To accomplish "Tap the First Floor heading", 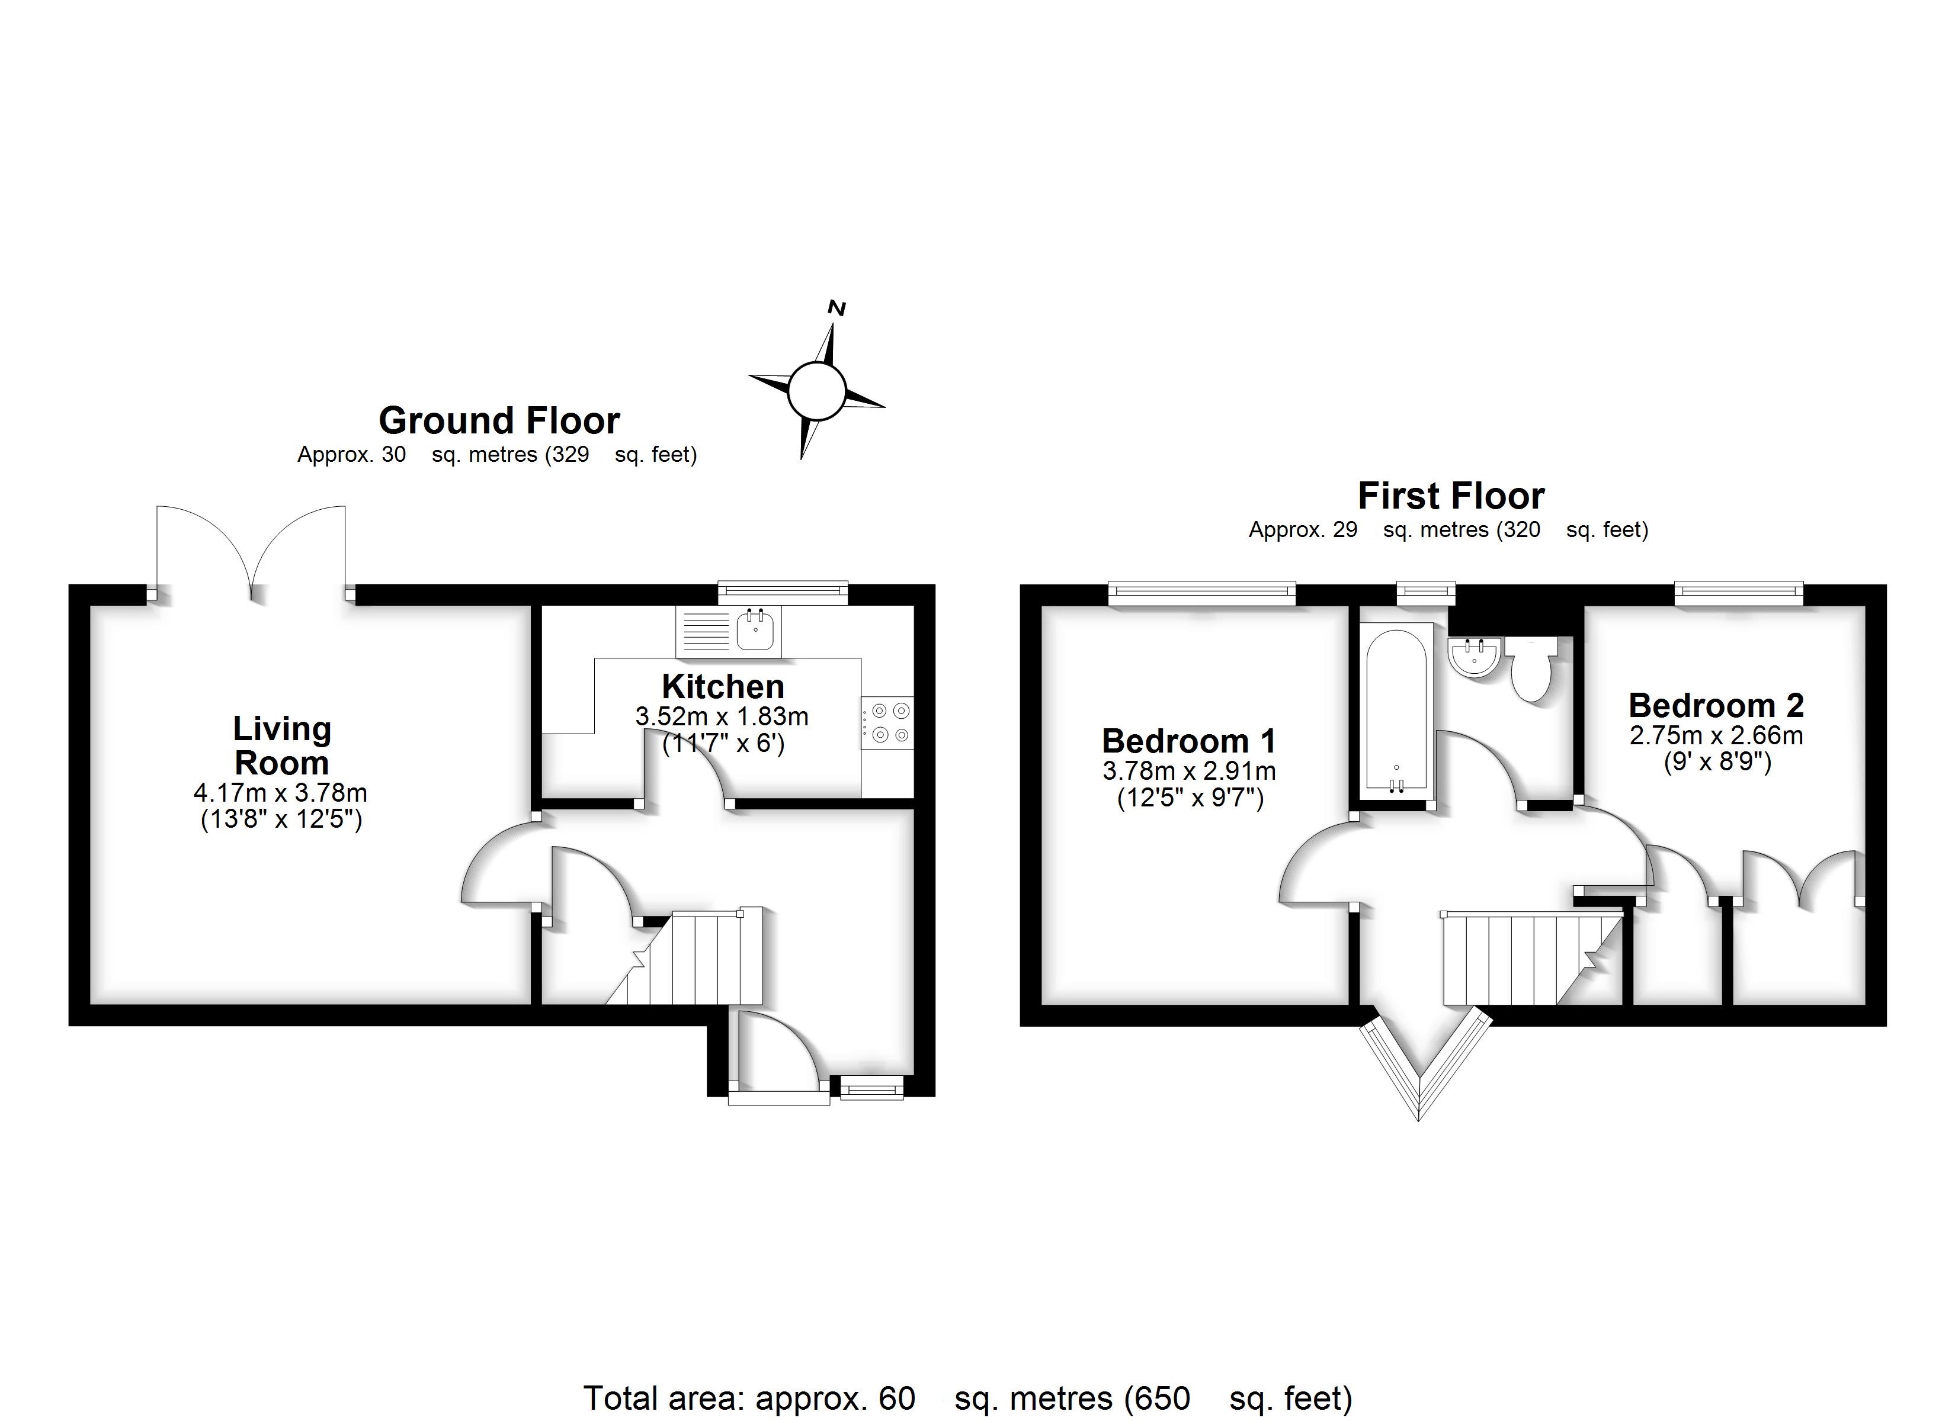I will [1451, 496].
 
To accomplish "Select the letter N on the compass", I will [836, 308].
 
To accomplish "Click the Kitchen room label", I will [722, 687].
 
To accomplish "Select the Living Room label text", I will [282, 745].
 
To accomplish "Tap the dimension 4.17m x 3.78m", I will [281, 793].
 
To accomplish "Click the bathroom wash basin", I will [1475, 657].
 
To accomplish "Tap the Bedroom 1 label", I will [1188, 741].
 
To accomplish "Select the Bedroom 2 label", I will [1716, 706].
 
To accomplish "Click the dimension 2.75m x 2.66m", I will [1716, 735].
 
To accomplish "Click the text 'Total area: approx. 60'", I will [748, 1398].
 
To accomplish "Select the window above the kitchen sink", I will [783, 591].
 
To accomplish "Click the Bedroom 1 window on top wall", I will [1201, 591].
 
